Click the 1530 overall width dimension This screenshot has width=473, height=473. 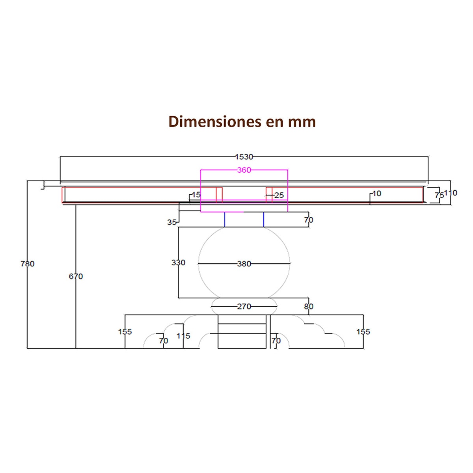click(244, 157)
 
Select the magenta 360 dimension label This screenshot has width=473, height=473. click(244, 170)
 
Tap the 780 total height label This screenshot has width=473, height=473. click(28, 264)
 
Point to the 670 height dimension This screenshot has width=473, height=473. click(76, 277)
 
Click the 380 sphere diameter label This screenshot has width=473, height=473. click(244, 264)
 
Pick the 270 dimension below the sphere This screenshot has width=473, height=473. click(244, 307)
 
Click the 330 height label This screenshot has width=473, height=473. click(178, 263)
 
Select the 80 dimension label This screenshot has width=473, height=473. click(309, 307)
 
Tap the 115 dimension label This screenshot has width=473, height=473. click(183, 336)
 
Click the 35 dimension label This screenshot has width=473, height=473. click(172, 222)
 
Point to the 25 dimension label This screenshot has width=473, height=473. click(279, 196)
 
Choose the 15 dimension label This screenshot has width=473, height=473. click(196, 195)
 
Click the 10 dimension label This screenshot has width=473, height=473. click(377, 194)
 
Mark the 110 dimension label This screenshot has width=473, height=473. click(451, 193)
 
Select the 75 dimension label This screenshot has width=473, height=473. click(439, 196)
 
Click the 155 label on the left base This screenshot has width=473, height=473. click(125, 332)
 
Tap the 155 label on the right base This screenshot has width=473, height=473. click(363, 332)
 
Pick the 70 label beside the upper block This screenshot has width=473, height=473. click(309, 220)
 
